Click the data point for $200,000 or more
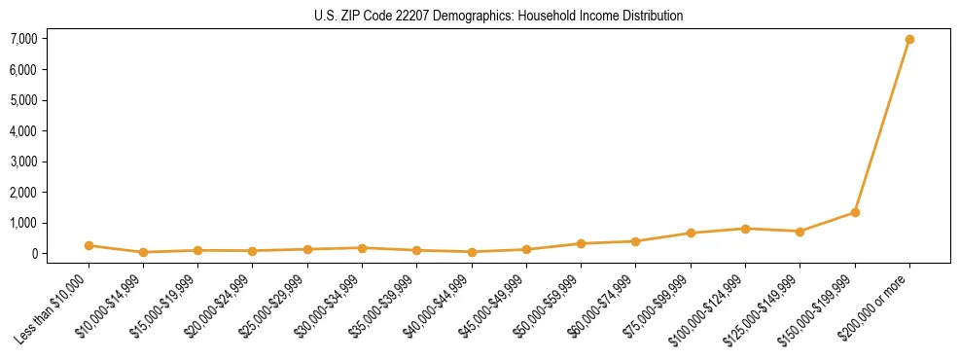pos(909,40)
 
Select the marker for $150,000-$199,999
pos(855,212)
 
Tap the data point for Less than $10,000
pos(89,246)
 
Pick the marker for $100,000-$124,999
pos(745,229)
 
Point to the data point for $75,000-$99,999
pos(691,234)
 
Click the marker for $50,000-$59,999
pos(581,244)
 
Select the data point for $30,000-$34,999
pos(362,248)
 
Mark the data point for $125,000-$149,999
pos(800,232)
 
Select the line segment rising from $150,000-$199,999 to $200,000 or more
pos(882,126)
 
